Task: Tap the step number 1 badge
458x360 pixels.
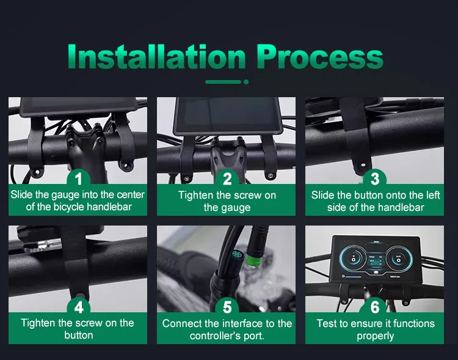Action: click(78, 178)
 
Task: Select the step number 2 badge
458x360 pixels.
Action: click(227, 178)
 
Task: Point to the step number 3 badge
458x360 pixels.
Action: click(375, 178)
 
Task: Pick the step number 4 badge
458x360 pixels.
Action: click(78, 306)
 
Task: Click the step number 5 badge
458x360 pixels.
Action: click(227, 306)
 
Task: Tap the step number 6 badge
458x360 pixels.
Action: click(375, 306)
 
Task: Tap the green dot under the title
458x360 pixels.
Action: click(246, 82)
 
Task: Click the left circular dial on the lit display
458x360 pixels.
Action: click(352, 258)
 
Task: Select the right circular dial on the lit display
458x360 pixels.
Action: click(399, 259)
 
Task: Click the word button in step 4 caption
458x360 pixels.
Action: click(79, 335)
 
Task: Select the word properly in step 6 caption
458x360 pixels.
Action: click(375, 336)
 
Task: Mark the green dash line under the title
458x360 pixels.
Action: click(223, 82)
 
